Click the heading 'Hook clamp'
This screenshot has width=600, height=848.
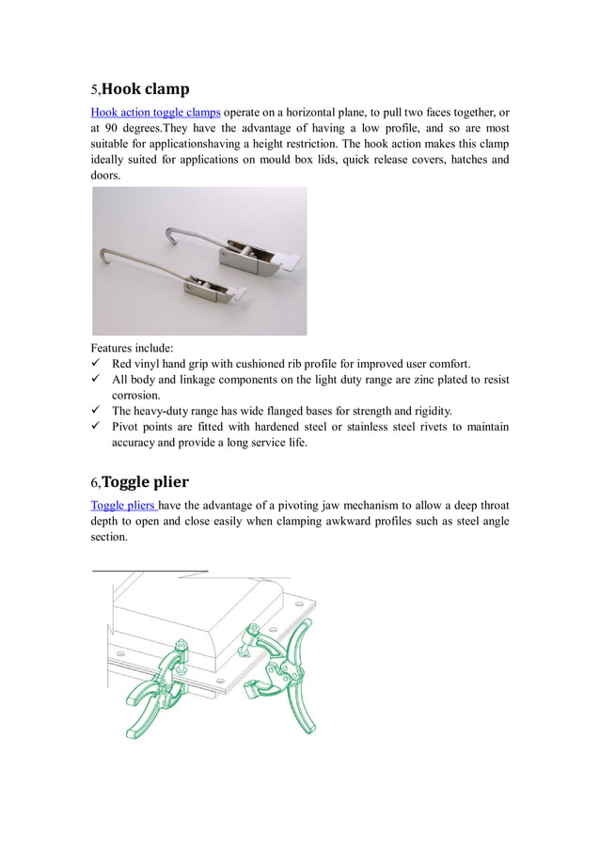(x=145, y=89)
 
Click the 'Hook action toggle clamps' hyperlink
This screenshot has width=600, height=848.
(x=155, y=113)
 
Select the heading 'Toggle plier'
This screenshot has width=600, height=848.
(x=145, y=482)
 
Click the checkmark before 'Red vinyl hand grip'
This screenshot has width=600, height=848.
(x=96, y=364)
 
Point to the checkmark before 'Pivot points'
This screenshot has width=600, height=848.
(x=96, y=427)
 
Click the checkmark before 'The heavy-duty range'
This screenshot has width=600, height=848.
(x=96, y=411)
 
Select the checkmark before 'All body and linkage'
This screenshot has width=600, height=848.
(x=96, y=380)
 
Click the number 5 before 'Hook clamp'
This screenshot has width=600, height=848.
(x=94, y=90)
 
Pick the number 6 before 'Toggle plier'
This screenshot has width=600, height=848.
(x=94, y=483)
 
